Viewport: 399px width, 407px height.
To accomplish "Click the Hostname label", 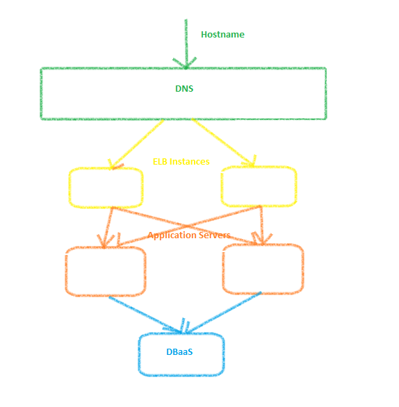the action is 222,34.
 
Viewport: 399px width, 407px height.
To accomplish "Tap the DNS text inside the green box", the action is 184,88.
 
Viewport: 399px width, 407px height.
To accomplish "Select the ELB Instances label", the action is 181,161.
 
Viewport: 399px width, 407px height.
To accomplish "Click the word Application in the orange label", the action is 169,235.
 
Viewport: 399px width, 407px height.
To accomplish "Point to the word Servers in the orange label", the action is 211,235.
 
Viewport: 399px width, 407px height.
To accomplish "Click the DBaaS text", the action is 179,351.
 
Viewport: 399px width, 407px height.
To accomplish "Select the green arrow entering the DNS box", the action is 186,44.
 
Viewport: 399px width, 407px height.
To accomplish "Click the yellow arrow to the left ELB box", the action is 136,144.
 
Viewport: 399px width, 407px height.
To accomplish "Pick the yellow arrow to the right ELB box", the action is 224,142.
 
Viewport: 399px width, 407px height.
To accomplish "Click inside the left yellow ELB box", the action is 106,188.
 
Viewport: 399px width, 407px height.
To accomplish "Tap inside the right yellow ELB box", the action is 259,186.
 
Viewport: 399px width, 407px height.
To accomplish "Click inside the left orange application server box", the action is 106,272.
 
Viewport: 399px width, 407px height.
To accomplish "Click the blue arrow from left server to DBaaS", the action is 145,315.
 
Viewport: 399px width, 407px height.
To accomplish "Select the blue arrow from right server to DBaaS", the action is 224,312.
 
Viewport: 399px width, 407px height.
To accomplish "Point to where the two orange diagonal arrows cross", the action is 187,226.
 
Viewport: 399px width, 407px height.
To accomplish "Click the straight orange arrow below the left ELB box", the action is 108,227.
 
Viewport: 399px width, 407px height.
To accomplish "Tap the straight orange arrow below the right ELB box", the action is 262,225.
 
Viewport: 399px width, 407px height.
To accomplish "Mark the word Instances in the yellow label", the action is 189,161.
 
